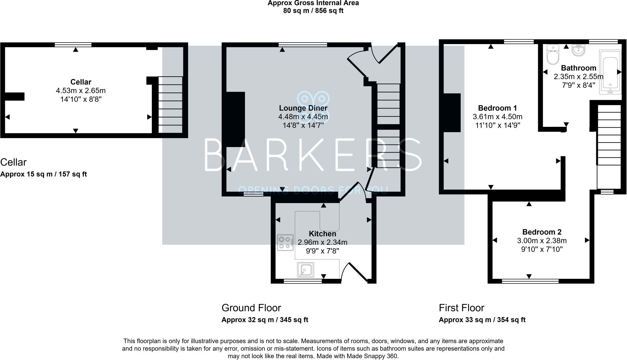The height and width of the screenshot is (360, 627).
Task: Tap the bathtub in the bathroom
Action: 610,71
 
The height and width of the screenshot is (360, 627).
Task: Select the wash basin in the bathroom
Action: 578,51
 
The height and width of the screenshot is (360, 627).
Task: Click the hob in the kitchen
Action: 285,242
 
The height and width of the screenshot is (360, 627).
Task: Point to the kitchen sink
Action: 305,270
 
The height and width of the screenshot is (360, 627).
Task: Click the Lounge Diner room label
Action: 303,108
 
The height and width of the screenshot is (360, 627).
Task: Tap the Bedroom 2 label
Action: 542,232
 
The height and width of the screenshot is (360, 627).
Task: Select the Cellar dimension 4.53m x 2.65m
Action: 81,91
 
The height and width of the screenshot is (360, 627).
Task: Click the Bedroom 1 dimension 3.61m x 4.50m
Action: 497,117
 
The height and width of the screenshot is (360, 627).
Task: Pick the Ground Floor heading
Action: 251,308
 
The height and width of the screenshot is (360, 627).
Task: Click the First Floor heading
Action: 461,308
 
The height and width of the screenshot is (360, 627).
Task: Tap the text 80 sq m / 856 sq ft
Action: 313,11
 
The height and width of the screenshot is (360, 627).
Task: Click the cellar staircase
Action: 171,104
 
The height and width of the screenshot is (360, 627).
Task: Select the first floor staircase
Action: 609,135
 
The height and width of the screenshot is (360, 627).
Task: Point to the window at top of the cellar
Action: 73,45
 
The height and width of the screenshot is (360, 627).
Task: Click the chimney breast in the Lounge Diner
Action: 235,119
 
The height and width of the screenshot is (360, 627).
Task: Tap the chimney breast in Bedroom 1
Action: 452,112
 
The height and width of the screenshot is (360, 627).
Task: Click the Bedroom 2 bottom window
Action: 530,281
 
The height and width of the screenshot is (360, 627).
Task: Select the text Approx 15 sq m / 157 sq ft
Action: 43,174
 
